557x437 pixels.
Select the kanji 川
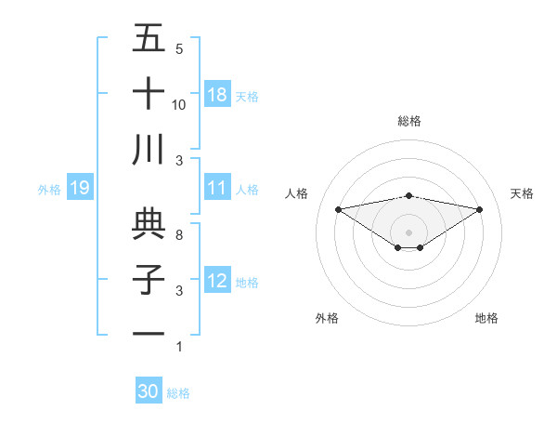[x=149, y=150]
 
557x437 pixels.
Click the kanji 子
[x=149, y=279]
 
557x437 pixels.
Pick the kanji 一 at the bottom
[x=149, y=334]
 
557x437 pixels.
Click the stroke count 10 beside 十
[x=179, y=105]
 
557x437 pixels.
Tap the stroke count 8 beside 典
[x=179, y=235]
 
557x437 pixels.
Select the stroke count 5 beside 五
[x=179, y=49]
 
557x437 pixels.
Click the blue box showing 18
[x=217, y=95]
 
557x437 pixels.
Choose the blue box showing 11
[x=217, y=188]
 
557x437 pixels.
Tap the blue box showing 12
[x=217, y=281]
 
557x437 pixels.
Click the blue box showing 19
[x=80, y=189]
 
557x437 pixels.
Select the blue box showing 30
[x=149, y=391]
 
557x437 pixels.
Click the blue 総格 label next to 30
[x=178, y=393]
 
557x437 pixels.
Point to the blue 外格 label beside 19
[x=49, y=190]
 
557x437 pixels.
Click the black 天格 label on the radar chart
[x=522, y=193]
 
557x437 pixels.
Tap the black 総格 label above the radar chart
[x=408, y=121]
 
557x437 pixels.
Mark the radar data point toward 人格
[x=338, y=208]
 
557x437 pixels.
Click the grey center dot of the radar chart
[x=408, y=231]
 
